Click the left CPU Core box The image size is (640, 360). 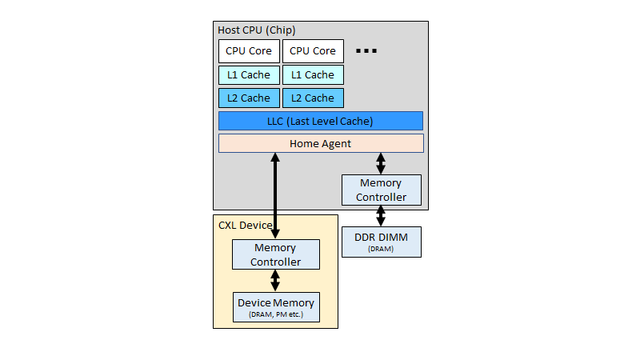(x=249, y=51)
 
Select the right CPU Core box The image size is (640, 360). (x=313, y=51)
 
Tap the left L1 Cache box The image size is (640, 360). (x=249, y=74)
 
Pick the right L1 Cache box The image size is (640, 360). (x=313, y=74)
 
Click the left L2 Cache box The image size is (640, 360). (x=249, y=98)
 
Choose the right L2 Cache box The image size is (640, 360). (x=313, y=98)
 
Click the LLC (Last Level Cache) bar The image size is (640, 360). (x=320, y=121)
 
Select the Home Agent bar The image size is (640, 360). (x=320, y=143)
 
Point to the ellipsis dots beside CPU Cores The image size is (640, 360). (x=366, y=51)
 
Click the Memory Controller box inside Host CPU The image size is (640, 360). (x=381, y=190)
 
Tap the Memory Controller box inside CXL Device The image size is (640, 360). (x=276, y=254)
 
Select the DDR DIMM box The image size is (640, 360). (x=381, y=242)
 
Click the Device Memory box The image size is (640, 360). (x=276, y=307)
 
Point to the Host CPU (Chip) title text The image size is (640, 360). (x=257, y=30)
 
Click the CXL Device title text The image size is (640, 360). (x=246, y=225)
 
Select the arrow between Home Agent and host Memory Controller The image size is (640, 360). (x=381, y=164)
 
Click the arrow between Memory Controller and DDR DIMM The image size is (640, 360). (x=381, y=216)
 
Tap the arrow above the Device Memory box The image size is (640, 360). (x=275, y=281)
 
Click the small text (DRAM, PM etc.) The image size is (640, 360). (x=276, y=314)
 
